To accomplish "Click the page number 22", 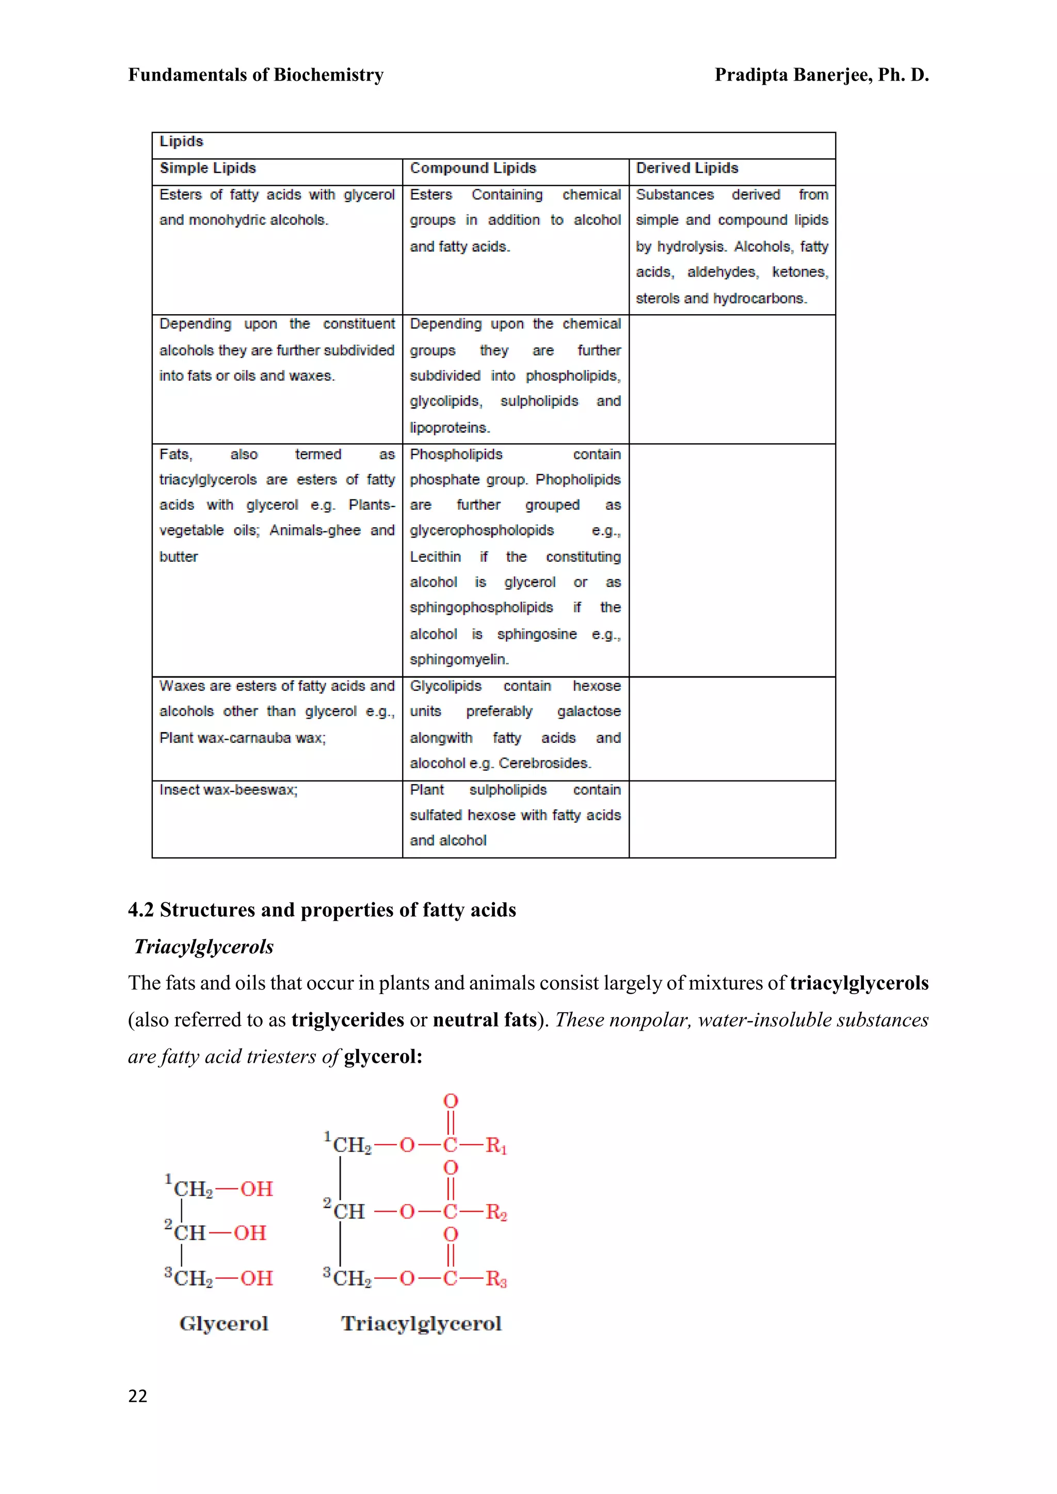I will coord(137,1396).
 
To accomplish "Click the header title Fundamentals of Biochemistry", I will coord(256,75).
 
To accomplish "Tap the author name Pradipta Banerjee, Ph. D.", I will coord(821,75).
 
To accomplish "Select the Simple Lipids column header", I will coord(207,168).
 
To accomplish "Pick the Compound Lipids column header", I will coord(473,168).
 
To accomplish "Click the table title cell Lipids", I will coord(182,141).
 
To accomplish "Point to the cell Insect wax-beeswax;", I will coord(228,789).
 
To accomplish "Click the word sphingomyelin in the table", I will coord(458,659).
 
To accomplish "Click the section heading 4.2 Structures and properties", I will coord(322,910).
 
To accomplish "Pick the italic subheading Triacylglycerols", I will coord(204,947).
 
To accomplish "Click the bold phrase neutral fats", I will coord(484,1019).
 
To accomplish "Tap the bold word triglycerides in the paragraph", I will coord(347,1019).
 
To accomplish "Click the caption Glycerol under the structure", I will coord(223,1324).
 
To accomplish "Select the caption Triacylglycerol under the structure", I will coord(421,1324).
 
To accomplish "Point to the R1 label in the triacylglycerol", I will coord(496,1145).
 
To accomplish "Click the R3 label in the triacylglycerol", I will coord(496,1279).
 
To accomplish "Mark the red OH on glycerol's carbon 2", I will coord(250,1233).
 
